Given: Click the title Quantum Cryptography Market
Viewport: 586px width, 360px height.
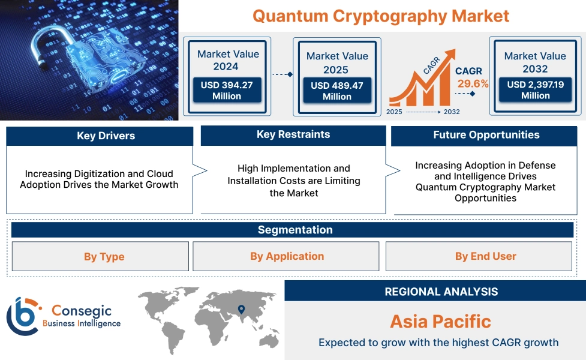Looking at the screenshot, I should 380,16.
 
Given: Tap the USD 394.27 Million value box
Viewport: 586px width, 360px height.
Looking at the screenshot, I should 227,91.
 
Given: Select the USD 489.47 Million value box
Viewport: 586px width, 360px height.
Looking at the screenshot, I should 336,91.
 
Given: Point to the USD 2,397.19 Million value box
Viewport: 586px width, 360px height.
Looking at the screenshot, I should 535,90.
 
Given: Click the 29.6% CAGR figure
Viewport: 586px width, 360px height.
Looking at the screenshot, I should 473,83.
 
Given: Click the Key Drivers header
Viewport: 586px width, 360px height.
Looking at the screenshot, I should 100,136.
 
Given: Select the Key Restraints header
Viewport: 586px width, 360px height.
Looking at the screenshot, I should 293,135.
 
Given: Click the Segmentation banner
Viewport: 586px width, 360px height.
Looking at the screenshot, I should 294,230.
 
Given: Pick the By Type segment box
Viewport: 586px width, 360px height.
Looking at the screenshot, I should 101,256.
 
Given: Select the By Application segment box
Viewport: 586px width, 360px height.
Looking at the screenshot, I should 286,256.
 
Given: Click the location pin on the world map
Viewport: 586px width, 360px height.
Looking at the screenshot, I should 241,310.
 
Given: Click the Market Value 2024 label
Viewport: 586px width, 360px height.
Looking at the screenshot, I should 228,60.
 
